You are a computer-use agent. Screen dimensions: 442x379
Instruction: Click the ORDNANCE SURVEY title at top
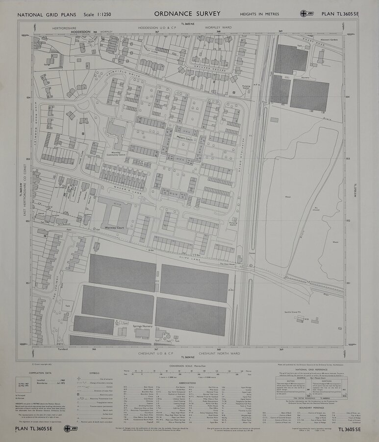click(187, 13)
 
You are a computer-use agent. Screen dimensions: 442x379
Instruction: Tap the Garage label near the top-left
click(47, 64)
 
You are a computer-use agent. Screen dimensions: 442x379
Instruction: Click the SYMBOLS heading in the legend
click(94, 373)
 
